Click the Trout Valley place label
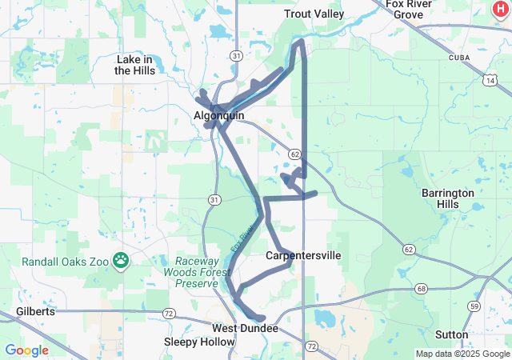coord(314,14)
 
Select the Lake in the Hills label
coord(134,65)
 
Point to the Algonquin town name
coord(218,116)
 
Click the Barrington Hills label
coord(448,198)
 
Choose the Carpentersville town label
coord(303,255)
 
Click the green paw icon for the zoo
coord(121,259)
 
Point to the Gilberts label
coord(35,311)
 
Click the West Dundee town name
coord(245,329)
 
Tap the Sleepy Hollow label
coord(199,342)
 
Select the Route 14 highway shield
coord(490,80)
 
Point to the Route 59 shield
coord(474,306)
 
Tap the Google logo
coord(26,350)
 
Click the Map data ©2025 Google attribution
coord(462,354)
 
